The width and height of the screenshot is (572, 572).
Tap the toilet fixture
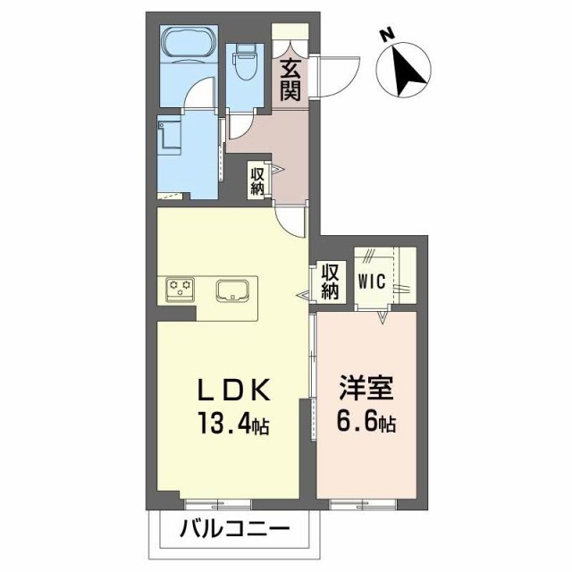[244, 63]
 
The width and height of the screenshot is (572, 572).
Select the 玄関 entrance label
[290, 79]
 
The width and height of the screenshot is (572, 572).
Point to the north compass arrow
[410, 69]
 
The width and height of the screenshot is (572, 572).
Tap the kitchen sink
[234, 290]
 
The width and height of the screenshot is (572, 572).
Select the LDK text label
[234, 390]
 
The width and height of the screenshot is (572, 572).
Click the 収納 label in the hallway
[257, 181]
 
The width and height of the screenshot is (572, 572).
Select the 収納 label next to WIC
[331, 281]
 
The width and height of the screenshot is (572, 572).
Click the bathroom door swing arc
[204, 94]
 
